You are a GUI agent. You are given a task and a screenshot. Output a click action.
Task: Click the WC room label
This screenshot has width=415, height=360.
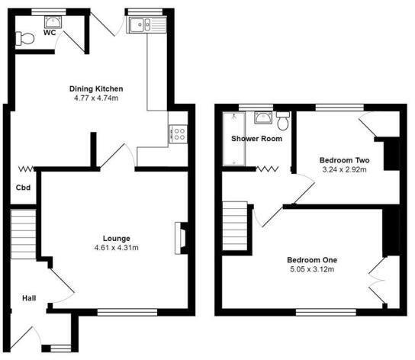[x=50, y=34]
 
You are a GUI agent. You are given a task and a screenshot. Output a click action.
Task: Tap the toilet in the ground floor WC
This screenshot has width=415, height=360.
[x=24, y=38]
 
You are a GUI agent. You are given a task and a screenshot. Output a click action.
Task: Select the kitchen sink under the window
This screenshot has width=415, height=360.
[x=140, y=26]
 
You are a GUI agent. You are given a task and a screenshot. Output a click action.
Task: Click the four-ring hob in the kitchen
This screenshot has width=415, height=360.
[x=178, y=134]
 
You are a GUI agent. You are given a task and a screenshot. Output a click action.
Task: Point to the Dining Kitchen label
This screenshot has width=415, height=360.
[x=96, y=88]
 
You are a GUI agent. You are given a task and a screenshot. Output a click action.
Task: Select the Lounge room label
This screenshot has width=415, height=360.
[x=111, y=237]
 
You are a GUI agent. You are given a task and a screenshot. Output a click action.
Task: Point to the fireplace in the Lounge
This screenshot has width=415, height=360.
[x=180, y=236]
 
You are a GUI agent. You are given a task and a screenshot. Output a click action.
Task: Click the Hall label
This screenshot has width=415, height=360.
[x=28, y=298]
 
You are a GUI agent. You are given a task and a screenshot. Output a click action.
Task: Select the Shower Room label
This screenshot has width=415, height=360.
[x=257, y=139]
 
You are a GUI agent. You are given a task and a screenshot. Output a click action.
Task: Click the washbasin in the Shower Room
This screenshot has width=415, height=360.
[x=262, y=117]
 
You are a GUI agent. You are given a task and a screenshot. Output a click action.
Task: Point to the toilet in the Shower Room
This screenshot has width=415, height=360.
[x=283, y=121]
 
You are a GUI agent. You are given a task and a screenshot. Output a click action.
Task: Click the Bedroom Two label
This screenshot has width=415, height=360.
[x=344, y=159]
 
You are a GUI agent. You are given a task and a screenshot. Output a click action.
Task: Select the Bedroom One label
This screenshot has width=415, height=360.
[x=313, y=259]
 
